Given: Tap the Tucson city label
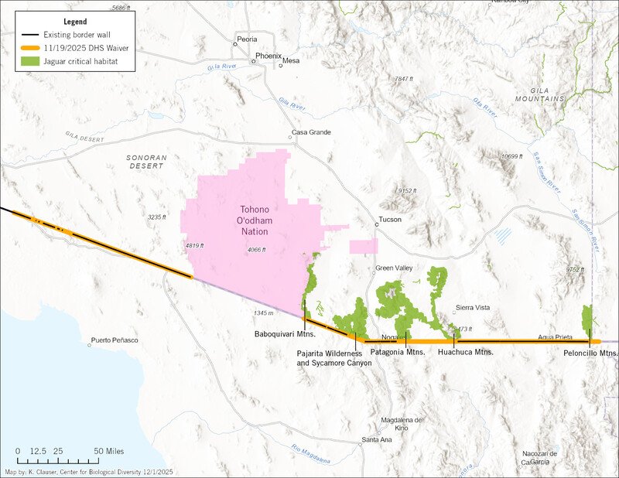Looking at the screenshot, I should point(390,220).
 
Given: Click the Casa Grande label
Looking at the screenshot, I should point(311,132).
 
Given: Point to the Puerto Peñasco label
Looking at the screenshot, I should point(114,340).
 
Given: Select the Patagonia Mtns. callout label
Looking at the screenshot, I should point(398,352).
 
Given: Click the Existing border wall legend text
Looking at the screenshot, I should point(76,36).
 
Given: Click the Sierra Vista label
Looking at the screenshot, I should point(472,308).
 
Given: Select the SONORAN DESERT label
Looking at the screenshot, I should point(145,161).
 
